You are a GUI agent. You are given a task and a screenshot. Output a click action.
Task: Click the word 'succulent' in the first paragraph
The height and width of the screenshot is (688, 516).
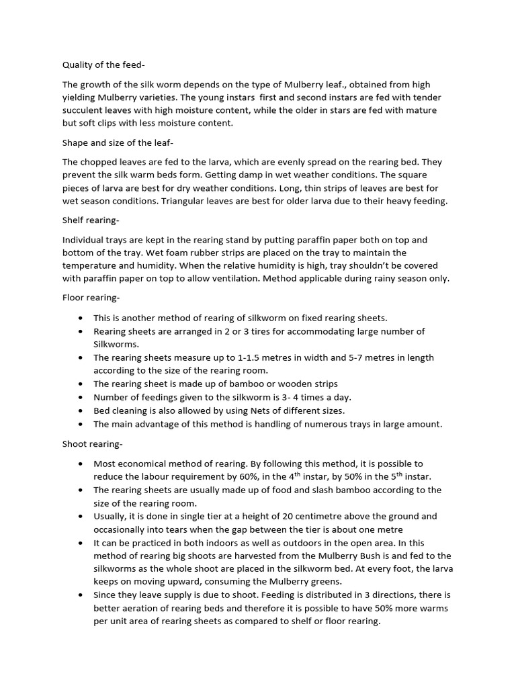coord(84,110)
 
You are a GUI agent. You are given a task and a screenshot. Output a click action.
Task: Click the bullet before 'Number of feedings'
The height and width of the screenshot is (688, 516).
coord(81,397)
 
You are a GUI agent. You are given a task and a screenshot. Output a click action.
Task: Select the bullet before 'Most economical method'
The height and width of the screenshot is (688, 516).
coord(81,464)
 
